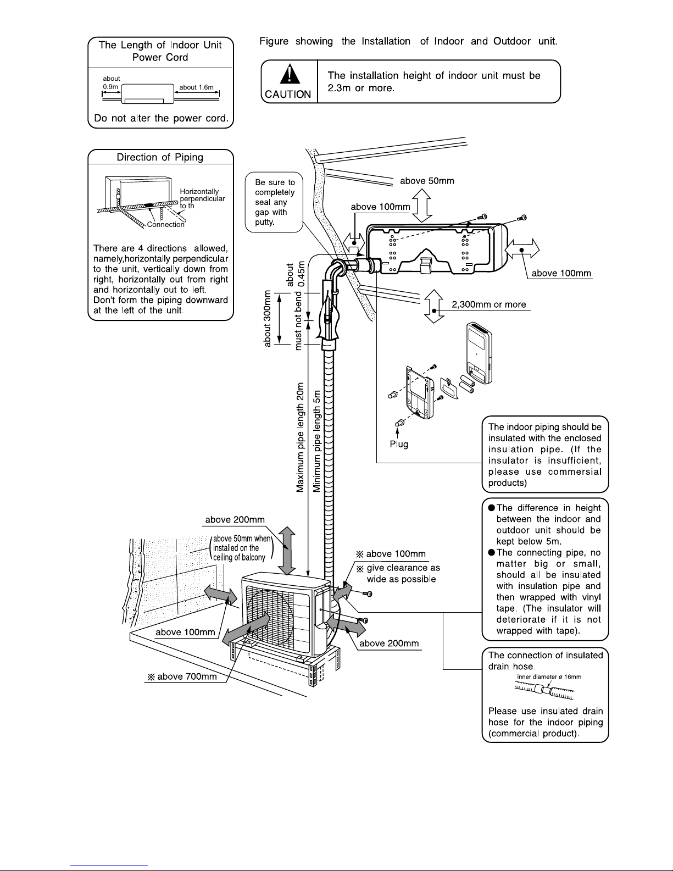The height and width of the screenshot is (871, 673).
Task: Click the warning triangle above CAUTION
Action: pos(290,74)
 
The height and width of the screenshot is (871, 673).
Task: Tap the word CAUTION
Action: pos(288,94)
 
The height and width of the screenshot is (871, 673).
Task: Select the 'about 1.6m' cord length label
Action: pos(196,87)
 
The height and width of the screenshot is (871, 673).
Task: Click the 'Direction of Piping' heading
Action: pos(160,157)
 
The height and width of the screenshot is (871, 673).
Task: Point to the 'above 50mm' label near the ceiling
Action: pos(427,181)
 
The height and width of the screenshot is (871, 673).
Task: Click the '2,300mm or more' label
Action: pos(489,304)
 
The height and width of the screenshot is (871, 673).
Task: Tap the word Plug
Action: pos(399,444)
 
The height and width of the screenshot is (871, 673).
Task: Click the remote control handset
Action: pos(480,353)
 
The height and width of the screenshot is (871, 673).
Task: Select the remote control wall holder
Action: pos(419,393)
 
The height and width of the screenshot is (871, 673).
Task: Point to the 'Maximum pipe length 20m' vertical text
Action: pos(300,437)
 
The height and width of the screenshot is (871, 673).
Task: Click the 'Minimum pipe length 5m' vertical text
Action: pos(316,441)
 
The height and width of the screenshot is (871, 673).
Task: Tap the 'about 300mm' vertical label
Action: pos(267,318)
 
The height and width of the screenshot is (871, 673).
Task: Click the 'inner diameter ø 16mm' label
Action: pos(549,676)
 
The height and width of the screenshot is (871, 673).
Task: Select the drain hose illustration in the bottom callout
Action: pos(544,690)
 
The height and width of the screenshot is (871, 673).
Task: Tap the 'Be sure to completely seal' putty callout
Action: pos(274,202)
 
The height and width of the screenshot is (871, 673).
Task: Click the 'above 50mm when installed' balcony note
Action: pos(241,548)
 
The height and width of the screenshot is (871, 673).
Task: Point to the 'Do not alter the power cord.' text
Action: pos(161,118)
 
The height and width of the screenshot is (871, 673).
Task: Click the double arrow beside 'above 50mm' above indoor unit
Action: pos(422,205)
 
